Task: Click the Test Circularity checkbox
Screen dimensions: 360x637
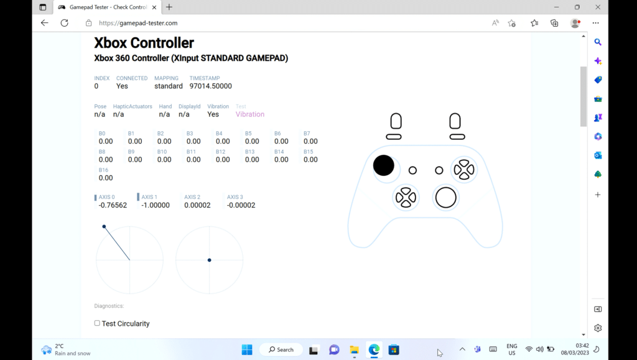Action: coord(97,323)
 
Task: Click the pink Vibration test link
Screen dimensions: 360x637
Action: coord(250,114)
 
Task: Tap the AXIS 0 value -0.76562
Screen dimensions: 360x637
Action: coord(113,205)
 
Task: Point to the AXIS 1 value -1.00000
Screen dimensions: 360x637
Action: coord(156,205)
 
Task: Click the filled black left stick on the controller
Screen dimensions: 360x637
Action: coord(384,165)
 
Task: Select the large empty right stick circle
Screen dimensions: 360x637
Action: coord(446,198)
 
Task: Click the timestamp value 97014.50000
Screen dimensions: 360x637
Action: coord(210,86)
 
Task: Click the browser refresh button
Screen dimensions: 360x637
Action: coord(64,23)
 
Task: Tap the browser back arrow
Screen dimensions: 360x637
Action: coord(44,23)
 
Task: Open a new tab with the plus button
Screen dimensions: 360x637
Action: coord(169,7)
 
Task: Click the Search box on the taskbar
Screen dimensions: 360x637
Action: coord(281,349)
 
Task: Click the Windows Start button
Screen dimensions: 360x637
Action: coord(247,349)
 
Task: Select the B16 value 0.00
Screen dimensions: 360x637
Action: coord(106,178)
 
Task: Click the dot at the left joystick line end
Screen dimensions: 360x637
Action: coord(104,226)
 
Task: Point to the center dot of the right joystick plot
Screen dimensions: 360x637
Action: coord(210,260)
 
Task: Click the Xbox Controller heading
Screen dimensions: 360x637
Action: coord(144,43)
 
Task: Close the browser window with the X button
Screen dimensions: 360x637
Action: coord(598,7)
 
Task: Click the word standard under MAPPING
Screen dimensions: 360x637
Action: coord(169,86)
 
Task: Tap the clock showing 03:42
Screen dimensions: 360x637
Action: coord(582,346)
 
